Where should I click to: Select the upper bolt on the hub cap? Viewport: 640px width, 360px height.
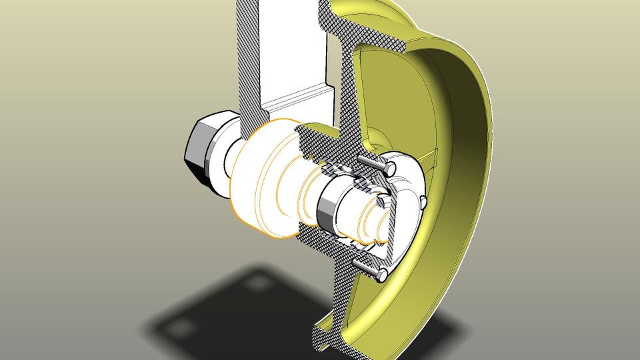tap(369, 163)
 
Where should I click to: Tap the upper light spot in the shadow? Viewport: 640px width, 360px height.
tap(257, 284)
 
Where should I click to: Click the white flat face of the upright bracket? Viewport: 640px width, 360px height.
tap(293, 47)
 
